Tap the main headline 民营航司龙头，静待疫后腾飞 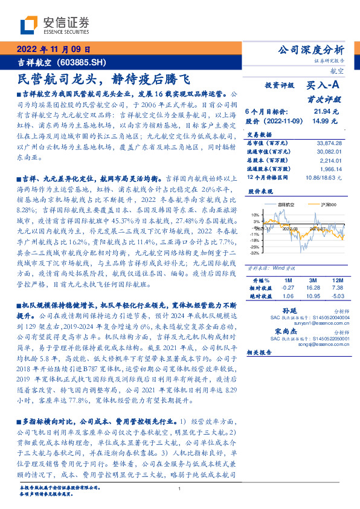pos(103,79)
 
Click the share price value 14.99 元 pos(322,121)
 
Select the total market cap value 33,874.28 pos(329,143)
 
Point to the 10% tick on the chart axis pos(256,215)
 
